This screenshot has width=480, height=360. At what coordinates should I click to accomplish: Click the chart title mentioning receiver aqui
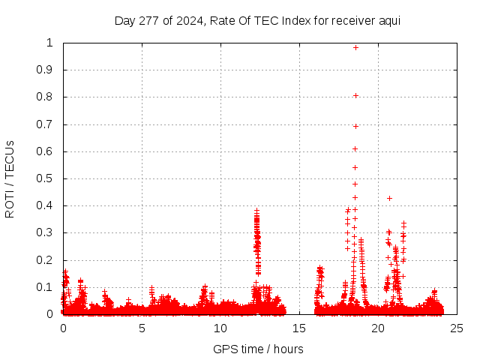257,21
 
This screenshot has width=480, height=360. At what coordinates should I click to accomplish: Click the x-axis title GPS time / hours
258,349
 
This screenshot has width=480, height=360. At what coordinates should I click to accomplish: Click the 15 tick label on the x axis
299,328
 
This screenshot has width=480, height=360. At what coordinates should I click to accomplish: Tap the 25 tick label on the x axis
457,328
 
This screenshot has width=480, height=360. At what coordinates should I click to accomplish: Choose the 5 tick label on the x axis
142,328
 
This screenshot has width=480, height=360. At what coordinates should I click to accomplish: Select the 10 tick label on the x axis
220,328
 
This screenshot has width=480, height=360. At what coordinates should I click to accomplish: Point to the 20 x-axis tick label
378,328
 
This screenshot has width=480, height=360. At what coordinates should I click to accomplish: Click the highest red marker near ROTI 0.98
355,47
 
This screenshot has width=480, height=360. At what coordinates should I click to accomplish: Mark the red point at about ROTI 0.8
355,95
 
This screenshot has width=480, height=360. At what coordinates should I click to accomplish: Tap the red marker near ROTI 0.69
355,126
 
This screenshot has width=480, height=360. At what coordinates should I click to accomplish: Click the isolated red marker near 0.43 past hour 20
389,198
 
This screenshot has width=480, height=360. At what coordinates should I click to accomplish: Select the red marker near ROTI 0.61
355,148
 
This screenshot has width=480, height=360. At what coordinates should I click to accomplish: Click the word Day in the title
124,21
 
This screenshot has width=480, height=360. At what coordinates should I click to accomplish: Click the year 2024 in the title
187,21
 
